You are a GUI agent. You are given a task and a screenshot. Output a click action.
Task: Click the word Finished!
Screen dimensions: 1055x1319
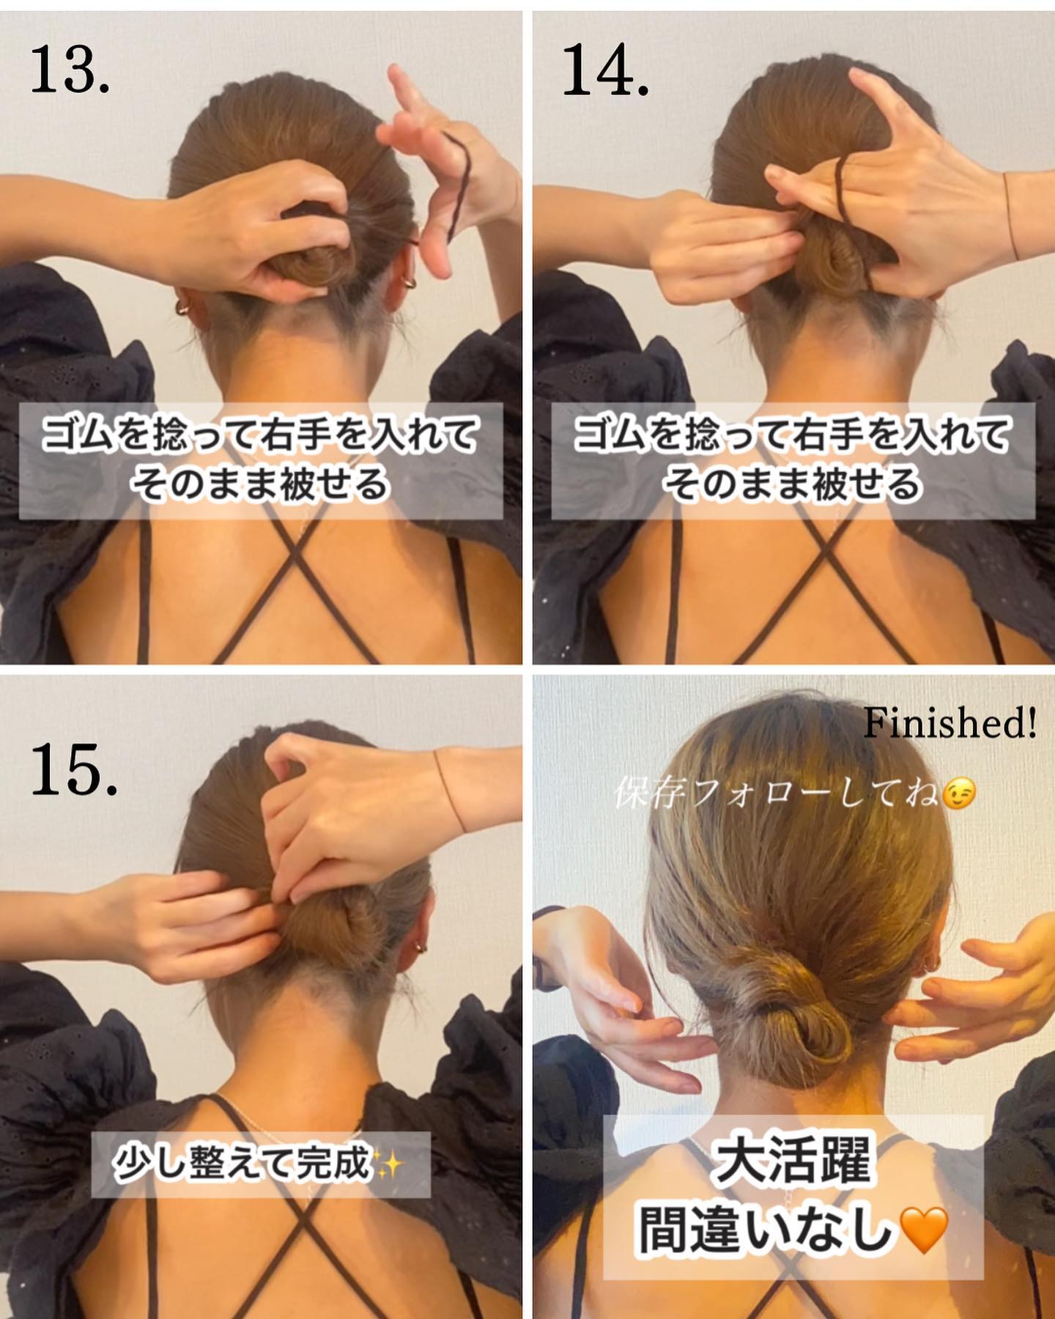(950, 723)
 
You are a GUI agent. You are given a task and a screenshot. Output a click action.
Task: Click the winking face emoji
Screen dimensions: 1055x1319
(959, 795)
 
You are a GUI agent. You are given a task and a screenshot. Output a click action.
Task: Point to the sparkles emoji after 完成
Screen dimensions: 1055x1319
(390, 1163)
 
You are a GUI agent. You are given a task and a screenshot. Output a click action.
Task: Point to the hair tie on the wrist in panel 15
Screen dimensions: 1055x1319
(449, 789)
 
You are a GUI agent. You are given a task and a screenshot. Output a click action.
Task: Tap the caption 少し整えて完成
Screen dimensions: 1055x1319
(243, 1163)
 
